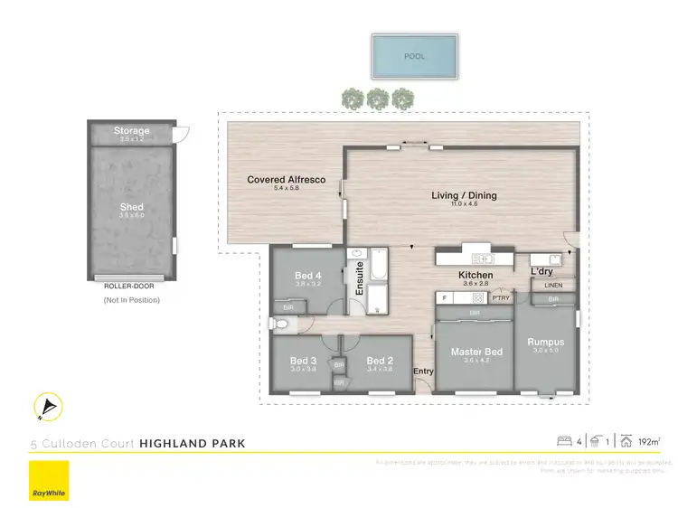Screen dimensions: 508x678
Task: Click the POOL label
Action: pyautogui.click(x=414, y=56)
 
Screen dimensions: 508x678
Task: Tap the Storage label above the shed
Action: pyautogui.click(x=131, y=131)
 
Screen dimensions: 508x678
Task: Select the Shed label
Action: pyautogui.click(x=131, y=207)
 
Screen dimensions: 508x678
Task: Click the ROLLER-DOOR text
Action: pyautogui.click(x=129, y=286)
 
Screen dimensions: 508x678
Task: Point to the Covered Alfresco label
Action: pyautogui.click(x=286, y=180)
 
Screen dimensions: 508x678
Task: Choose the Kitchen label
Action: pyautogui.click(x=476, y=275)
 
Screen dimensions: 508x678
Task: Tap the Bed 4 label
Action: pyautogui.click(x=307, y=276)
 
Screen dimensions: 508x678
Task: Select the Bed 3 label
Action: pyautogui.click(x=302, y=360)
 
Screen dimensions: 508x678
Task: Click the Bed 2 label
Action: pyautogui.click(x=379, y=360)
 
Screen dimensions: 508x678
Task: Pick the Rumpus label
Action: pyautogui.click(x=546, y=342)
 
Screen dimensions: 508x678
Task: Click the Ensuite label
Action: pyautogui.click(x=359, y=279)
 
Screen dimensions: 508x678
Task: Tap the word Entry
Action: pyautogui.click(x=423, y=372)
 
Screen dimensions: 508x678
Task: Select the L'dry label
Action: pyautogui.click(x=541, y=272)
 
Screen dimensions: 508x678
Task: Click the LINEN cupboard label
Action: pyautogui.click(x=553, y=287)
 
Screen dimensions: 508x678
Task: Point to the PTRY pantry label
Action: pyautogui.click(x=501, y=297)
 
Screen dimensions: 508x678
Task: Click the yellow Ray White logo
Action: pyautogui.click(x=49, y=480)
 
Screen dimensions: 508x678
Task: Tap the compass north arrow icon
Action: pyautogui.click(x=46, y=409)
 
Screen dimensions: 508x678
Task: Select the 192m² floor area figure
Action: pyautogui.click(x=648, y=442)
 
